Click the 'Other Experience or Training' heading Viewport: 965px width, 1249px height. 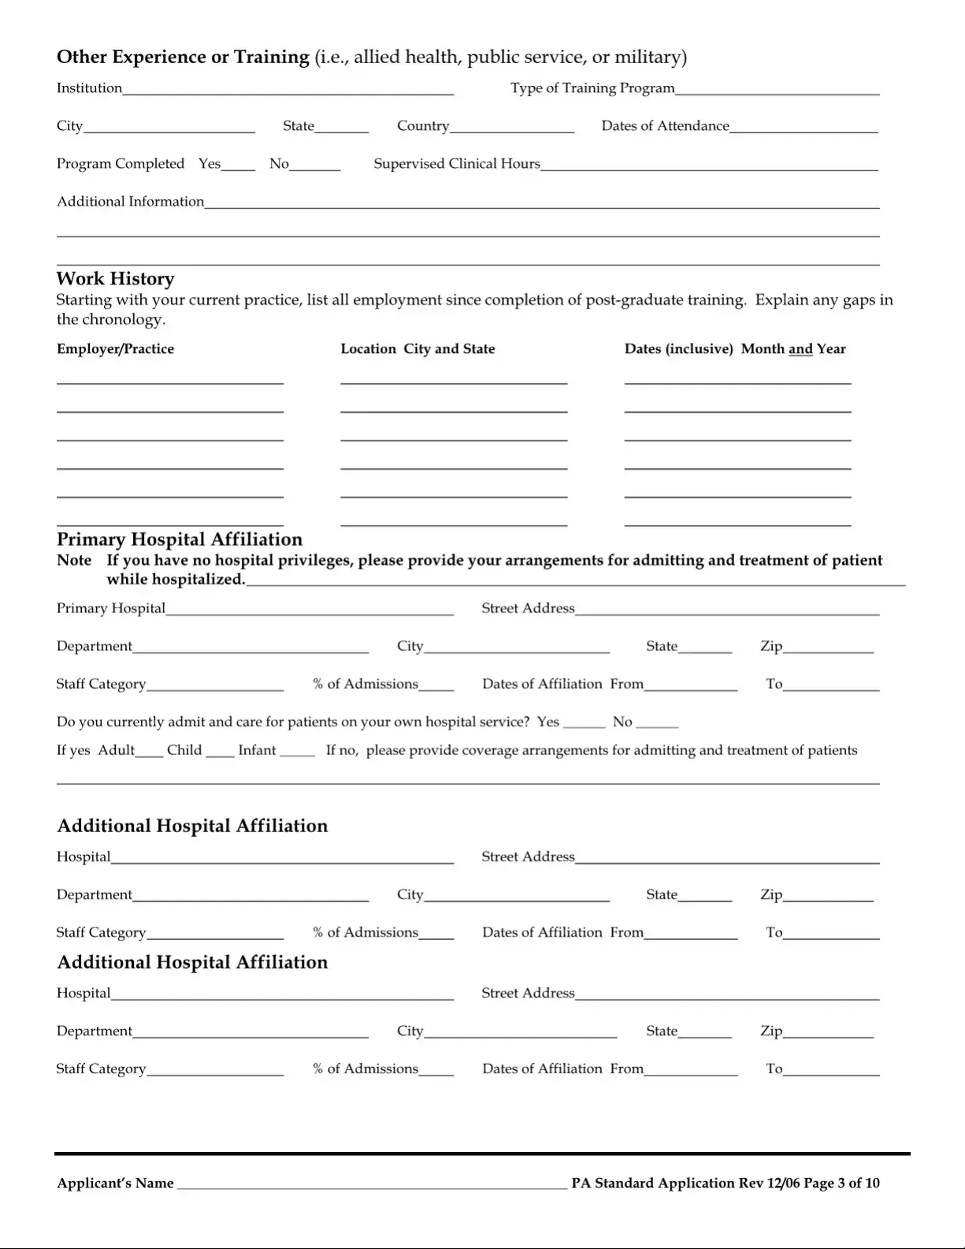[x=183, y=57]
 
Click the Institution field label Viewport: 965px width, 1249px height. [x=89, y=88]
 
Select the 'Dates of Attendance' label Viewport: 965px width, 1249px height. [x=665, y=126]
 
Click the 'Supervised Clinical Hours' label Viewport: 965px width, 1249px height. [x=457, y=164]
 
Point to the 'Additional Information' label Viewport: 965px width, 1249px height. [x=130, y=202]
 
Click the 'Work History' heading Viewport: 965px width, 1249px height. [x=115, y=279]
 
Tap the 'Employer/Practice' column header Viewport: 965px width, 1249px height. [x=115, y=349]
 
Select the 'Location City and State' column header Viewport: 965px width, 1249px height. [x=418, y=349]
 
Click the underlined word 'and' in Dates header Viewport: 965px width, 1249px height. [x=800, y=349]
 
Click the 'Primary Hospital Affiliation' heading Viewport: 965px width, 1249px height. [x=180, y=540]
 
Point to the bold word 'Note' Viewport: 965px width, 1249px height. [x=74, y=560]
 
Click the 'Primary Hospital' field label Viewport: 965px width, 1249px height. [x=111, y=608]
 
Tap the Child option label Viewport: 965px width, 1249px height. [x=184, y=750]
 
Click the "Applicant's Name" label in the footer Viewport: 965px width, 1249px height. [x=115, y=1183]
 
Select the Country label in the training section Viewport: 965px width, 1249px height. [x=423, y=126]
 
